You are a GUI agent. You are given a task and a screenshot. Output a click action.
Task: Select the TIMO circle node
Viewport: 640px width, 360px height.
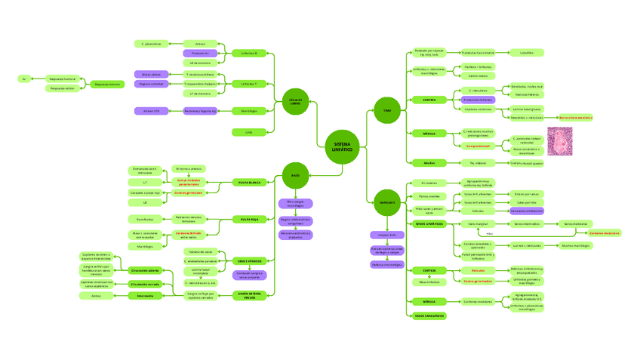pos(387,111)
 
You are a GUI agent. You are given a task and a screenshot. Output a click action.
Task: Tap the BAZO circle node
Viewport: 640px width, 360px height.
pos(295,176)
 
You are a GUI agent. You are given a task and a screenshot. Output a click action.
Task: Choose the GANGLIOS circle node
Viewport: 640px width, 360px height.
pos(387,202)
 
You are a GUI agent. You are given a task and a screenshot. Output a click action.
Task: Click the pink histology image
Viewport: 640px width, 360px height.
pos(559,141)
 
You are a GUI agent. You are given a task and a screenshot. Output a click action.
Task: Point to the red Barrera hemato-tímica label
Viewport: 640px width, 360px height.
pos(576,118)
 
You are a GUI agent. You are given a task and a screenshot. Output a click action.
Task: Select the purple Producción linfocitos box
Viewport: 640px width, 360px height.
pos(477,100)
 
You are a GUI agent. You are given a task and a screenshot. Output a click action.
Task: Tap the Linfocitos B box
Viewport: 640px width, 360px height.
pos(249,54)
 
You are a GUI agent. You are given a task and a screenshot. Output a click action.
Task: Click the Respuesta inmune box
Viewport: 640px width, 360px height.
pos(107,84)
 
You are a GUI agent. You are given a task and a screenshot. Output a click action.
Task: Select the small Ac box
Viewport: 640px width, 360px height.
pos(24,78)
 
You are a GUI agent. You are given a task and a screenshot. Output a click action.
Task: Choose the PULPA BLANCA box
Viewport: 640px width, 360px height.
pos(249,182)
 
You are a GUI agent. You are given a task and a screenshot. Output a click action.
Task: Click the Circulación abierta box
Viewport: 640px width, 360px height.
pos(143,269)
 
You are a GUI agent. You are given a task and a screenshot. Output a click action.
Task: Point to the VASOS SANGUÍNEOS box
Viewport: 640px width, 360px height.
pos(429,315)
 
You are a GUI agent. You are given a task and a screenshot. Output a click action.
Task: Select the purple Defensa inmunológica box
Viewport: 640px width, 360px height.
pos(387,264)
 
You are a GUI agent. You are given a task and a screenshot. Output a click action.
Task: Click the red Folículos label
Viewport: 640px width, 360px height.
pos(477,269)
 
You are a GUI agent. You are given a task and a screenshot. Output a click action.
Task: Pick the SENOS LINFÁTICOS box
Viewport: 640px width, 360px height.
pos(429,224)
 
